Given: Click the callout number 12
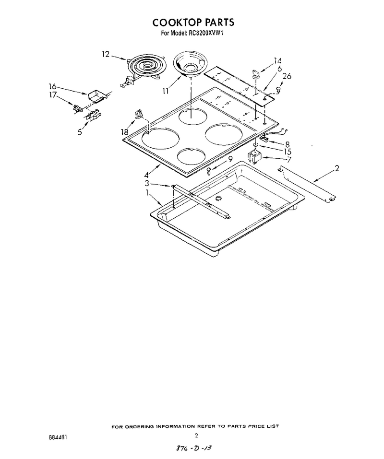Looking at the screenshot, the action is [x=106, y=54].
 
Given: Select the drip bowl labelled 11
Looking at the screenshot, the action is [x=188, y=65].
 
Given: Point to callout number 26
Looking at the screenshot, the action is [x=287, y=76].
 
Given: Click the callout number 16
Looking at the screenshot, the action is [x=52, y=86].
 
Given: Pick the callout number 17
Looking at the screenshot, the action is [x=53, y=95].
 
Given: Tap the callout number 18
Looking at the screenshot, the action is [x=125, y=132].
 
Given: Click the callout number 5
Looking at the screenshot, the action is [x=79, y=132].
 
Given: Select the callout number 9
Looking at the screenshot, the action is [x=230, y=159].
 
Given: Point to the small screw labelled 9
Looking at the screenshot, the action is [x=209, y=171].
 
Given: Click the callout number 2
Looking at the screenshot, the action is [x=337, y=168].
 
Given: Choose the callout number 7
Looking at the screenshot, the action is [x=289, y=160].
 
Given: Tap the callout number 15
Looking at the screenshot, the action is [x=288, y=152].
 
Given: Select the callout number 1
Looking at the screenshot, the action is [x=147, y=193].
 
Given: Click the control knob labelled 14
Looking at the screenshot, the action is [x=256, y=74].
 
